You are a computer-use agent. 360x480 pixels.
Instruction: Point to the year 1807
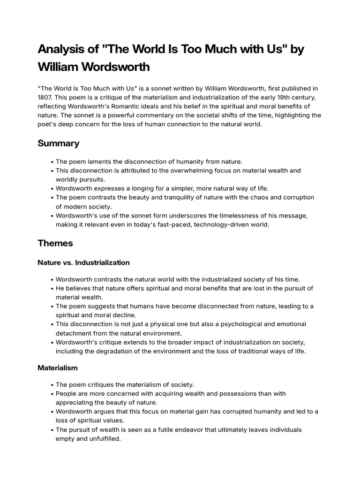tap(45, 97)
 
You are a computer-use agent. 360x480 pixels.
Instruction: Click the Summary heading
tap(58, 143)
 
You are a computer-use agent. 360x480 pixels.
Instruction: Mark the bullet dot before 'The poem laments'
tap(51, 162)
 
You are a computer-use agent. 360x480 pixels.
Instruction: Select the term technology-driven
tap(214, 225)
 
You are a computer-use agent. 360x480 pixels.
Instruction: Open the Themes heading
tap(55, 243)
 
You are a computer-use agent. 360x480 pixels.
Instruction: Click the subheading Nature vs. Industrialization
tap(83, 262)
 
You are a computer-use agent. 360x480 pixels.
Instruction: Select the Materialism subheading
tap(58, 368)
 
